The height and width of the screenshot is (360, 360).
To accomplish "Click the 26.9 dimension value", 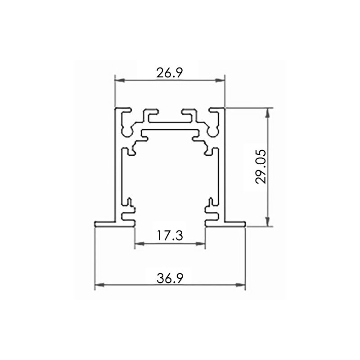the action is click(x=170, y=73).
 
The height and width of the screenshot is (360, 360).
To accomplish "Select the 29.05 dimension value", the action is click(x=261, y=166).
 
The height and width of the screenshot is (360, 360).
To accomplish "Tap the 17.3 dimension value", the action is click(x=170, y=235).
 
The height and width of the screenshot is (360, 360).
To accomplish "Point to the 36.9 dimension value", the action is click(x=170, y=278).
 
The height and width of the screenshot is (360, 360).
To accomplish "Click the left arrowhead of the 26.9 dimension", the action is click(x=120, y=80).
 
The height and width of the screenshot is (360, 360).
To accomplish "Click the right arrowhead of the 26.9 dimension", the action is click(x=220, y=80).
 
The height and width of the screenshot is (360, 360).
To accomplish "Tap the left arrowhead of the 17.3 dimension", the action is click(x=139, y=244).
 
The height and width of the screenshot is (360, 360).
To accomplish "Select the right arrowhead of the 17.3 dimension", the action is click(x=200, y=244).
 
